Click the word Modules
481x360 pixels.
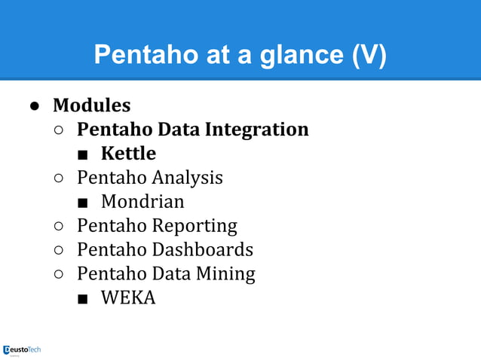91,105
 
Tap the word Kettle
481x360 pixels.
128,154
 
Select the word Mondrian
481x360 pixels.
142,202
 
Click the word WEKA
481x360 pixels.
128,297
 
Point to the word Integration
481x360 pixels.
256,130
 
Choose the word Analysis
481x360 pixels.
187,178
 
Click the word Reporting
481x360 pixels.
195,225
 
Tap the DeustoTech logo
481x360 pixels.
22,349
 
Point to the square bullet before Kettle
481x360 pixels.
83,155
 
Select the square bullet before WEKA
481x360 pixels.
83,299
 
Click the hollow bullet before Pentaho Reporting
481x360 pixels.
59,227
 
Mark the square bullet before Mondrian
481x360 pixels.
83,203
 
